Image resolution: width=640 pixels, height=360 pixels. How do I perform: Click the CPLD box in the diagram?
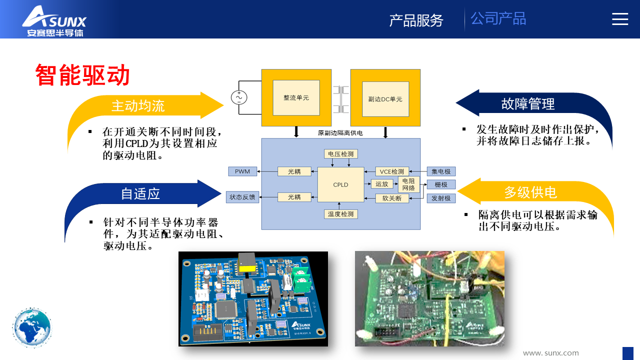pyautogui.click(x=340, y=184)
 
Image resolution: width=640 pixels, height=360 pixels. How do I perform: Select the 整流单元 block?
pyautogui.click(x=296, y=97)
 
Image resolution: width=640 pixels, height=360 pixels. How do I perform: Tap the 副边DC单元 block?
pyautogui.click(x=385, y=99)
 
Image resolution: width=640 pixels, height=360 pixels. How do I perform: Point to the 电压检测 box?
pyautogui.click(x=341, y=154)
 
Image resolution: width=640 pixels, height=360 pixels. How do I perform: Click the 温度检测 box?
pyautogui.click(x=340, y=214)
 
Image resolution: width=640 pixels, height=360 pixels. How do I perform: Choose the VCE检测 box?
pyautogui.click(x=392, y=171)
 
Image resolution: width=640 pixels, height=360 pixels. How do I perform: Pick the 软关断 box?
pyautogui.click(x=392, y=198)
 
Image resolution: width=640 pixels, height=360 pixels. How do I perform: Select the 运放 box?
pyautogui.click(x=382, y=184)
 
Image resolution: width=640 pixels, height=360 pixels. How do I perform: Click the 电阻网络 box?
pyautogui.click(x=408, y=184)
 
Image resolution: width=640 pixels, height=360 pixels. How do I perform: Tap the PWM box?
pyautogui.click(x=242, y=171)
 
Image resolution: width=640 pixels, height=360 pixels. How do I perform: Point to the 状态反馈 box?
pyautogui.click(x=242, y=197)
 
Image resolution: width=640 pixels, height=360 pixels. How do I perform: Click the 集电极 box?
pyautogui.click(x=441, y=171)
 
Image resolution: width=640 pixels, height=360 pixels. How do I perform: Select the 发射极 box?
pyautogui.click(x=441, y=198)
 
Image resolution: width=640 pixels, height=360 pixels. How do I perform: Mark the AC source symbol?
pyautogui.click(x=239, y=97)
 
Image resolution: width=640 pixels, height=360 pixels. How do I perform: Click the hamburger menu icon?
pyautogui.click(x=620, y=19)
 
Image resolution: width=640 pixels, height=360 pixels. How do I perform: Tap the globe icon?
pyautogui.click(x=32, y=328)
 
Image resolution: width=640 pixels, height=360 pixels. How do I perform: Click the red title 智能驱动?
pyautogui.click(x=82, y=75)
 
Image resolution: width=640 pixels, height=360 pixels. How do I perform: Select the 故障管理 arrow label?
pyautogui.click(x=528, y=104)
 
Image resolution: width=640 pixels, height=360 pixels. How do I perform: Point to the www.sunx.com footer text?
pyautogui.click(x=550, y=353)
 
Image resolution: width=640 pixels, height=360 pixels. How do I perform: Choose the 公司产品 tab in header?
pyautogui.click(x=498, y=19)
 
